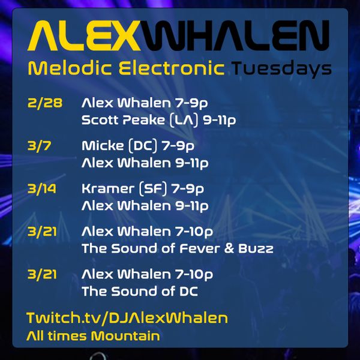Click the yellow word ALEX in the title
pos(84,35)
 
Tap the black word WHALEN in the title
pos(235,35)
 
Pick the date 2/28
pos(45,103)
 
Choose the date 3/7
pos(39,146)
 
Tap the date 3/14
pos(42,189)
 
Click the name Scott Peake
pos(123,120)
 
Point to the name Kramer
pos(108,189)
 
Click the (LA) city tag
pos(184,121)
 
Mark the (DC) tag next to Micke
pos(143,146)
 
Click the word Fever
pos(200,248)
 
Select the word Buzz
pos(256,248)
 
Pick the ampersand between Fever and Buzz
pos(229,248)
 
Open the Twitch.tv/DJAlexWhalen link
pos(127,318)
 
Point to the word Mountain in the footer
pos(125,335)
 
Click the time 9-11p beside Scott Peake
pos(220,121)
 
